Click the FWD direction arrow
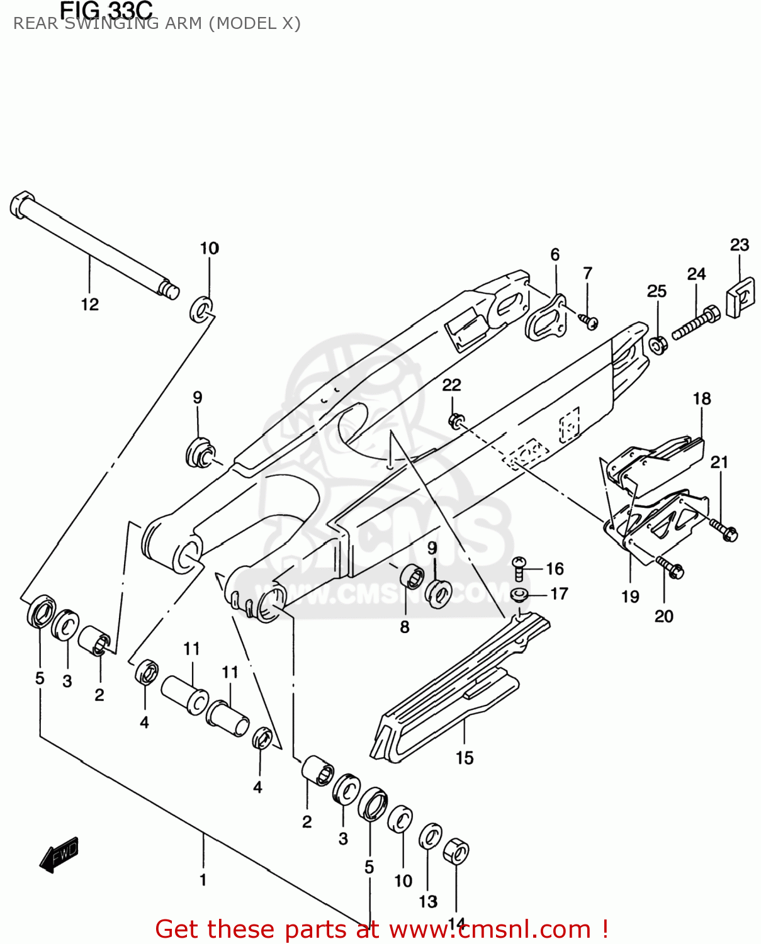pyautogui.click(x=59, y=855)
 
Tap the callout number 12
pyautogui.click(x=90, y=305)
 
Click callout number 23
pyautogui.click(x=740, y=245)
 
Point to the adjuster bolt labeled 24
pyautogui.click(x=696, y=322)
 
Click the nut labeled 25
pyautogui.click(x=658, y=345)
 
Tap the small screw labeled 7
pyautogui.click(x=589, y=322)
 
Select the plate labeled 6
pyautogui.click(x=545, y=317)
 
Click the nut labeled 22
pyautogui.click(x=456, y=419)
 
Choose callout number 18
pyautogui.click(x=702, y=399)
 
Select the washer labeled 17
pyautogui.click(x=519, y=593)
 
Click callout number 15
pyautogui.click(x=465, y=758)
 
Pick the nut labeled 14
pyautogui.click(x=456, y=852)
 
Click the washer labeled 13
pyautogui.click(x=431, y=836)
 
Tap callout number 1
pyautogui.click(x=203, y=879)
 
